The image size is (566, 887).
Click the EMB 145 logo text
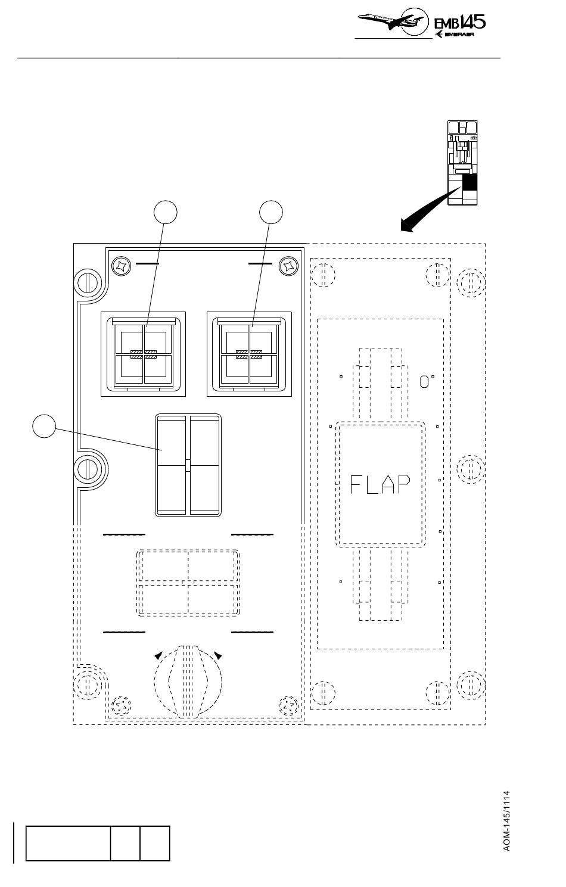point(459,22)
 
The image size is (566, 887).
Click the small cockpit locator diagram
point(462,163)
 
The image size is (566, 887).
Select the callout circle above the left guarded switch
point(165,212)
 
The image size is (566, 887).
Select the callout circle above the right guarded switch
point(271,212)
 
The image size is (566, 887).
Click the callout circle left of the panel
point(44,426)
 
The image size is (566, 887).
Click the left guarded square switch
point(144,354)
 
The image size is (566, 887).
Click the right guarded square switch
point(249,354)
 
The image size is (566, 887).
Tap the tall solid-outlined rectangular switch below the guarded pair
point(188,465)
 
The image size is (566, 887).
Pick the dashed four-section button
point(188,583)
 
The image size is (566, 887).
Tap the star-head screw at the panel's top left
point(121,266)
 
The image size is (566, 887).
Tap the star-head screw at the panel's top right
point(289,266)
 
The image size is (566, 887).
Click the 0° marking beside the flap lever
point(426,381)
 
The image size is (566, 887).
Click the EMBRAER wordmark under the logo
point(459,35)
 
